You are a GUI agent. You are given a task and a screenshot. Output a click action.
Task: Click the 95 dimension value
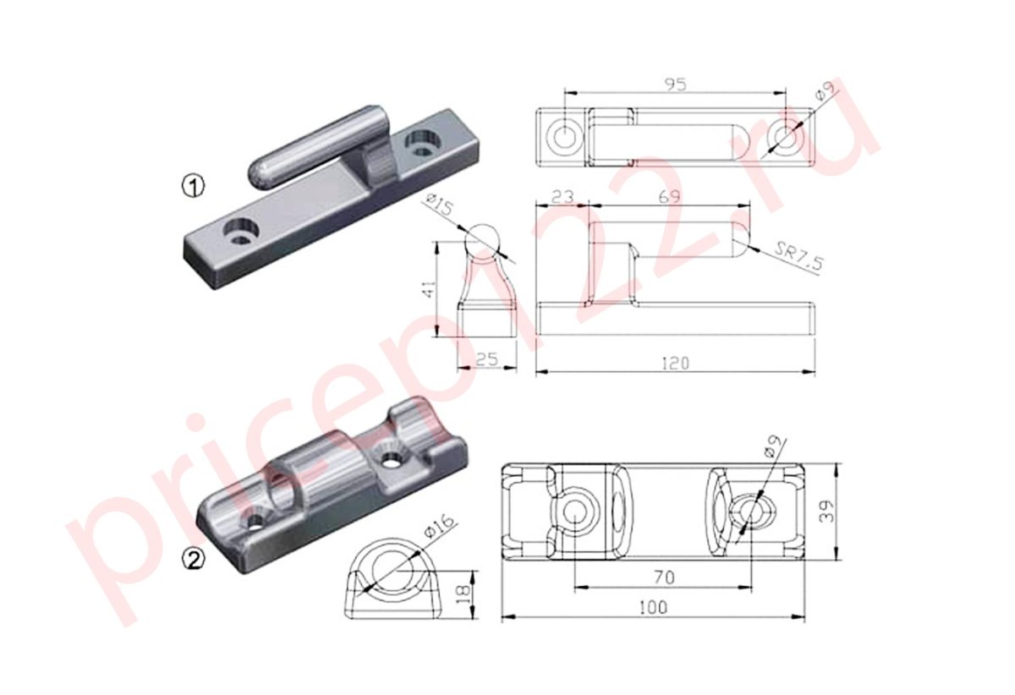click(675, 85)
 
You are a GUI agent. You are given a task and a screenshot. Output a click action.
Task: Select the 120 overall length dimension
click(675, 363)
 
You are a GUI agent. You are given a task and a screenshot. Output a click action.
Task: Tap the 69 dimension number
click(669, 197)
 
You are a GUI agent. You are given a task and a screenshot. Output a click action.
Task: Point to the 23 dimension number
click(562, 197)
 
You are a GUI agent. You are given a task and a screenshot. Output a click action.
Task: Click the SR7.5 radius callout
click(798, 256)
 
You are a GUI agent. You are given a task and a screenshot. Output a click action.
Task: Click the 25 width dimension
click(486, 359)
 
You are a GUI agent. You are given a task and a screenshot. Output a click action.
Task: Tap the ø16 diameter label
click(439, 527)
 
